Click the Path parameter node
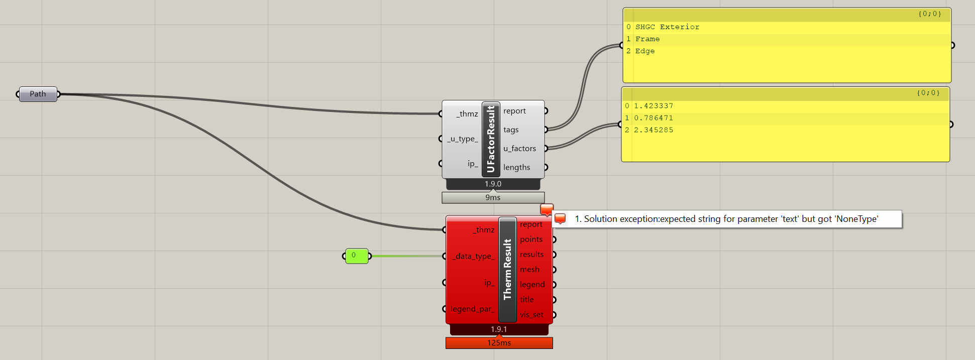pyautogui.click(x=38, y=94)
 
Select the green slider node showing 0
pyautogui.click(x=356, y=256)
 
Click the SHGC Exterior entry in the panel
pyautogui.click(x=667, y=27)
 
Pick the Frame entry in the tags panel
pyautogui.click(x=647, y=39)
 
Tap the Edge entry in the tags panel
pyautogui.click(x=644, y=51)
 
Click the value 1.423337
pyautogui.click(x=653, y=106)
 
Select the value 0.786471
pyautogui.click(x=653, y=118)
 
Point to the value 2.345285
pyautogui.click(x=653, y=130)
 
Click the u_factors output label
pyautogui.click(x=519, y=149)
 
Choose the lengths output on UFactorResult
pyautogui.click(x=516, y=167)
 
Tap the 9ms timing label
pyautogui.click(x=493, y=198)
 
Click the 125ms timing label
pyautogui.click(x=499, y=343)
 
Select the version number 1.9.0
pyautogui.click(x=493, y=184)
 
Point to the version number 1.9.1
pyautogui.click(x=499, y=329)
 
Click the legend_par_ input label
pyautogui.click(x=472, y=309)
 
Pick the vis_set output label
pyautogui.click(x=531, y=315)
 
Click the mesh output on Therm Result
pyautogui.click(x=529, y=270)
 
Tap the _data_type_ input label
pyautogui.click(x=474, y=256)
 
